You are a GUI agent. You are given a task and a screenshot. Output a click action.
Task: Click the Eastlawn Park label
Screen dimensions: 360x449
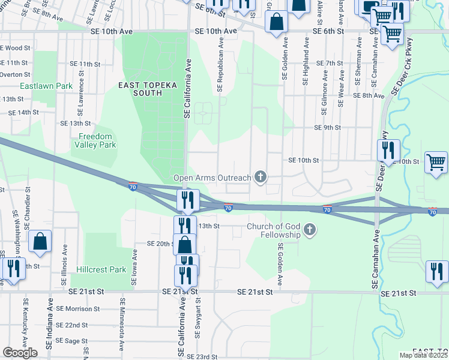(x=46, y=86)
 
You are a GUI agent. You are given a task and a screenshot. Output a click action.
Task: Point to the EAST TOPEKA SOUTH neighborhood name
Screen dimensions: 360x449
(x=148, y=89)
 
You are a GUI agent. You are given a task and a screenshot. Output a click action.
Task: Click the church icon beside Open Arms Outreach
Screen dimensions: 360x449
(x=260, y=176)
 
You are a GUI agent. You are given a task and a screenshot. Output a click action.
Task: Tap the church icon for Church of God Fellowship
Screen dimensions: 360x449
(x=310, y=230)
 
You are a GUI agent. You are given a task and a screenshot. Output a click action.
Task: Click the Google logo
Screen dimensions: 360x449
(x=20, y=353)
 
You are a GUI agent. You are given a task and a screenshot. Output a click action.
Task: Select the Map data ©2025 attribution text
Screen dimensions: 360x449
(x=423, y=355)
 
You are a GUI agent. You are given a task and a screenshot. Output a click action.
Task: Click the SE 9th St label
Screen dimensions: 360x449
(x=327, y=128)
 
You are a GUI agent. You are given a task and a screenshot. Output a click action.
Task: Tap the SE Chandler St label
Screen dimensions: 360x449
(x=28, y=206)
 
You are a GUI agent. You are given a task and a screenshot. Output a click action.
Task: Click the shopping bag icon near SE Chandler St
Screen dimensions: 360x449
(x=40, y=242)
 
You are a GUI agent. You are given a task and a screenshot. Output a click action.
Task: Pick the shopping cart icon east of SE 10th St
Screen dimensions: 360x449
(x=436, y=162)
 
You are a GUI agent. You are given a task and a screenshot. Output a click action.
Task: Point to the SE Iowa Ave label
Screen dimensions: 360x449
(x=134, y=269)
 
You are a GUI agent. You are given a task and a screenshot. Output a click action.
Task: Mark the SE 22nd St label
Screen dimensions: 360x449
(x=76, y=325)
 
